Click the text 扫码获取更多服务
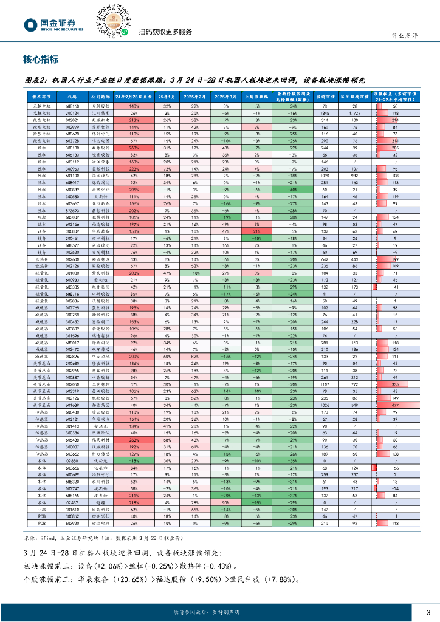(x=165, y=32)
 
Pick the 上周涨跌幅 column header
(x=257, y=96)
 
